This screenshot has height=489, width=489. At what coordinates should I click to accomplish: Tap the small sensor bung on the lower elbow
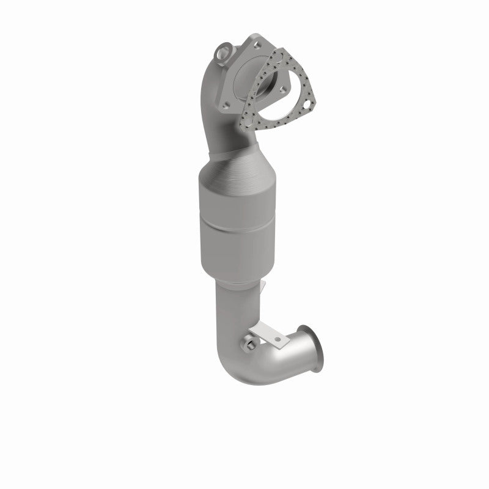pyautogui.click(x=250, y=347)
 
